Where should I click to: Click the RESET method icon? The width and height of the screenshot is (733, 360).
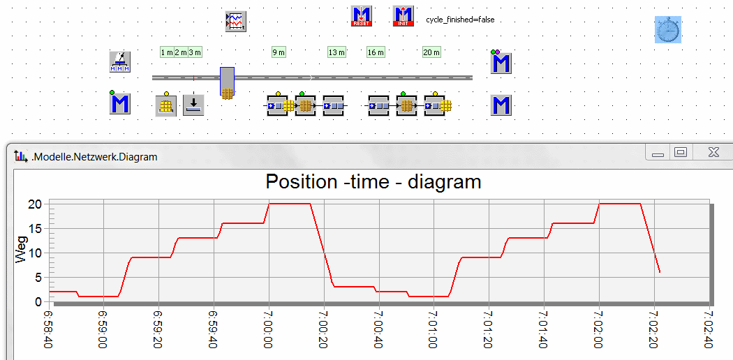[362, 16]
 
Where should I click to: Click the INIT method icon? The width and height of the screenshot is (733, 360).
[403, 16]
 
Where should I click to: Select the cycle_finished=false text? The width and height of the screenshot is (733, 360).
[460, 20]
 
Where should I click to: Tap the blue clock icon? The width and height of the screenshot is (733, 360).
[668, 30]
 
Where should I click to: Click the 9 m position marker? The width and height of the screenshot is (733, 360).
[279, 52]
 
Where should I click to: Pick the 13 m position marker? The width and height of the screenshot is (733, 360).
[336, 52]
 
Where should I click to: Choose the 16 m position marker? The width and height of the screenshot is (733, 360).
[376, 52]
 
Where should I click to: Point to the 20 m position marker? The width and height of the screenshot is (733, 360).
[431, 52]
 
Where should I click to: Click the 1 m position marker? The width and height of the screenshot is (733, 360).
[167, 52]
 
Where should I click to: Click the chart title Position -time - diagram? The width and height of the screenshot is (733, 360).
[373, 182]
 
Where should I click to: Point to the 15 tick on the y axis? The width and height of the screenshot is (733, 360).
[35, 228]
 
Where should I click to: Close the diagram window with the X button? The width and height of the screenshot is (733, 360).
[713, 152]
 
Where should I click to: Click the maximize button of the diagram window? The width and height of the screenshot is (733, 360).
[681, 152]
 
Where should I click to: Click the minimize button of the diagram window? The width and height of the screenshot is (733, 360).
[658, 153]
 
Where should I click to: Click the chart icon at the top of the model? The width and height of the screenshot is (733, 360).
[237, 21]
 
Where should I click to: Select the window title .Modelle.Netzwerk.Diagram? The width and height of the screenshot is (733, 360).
[94, 157]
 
